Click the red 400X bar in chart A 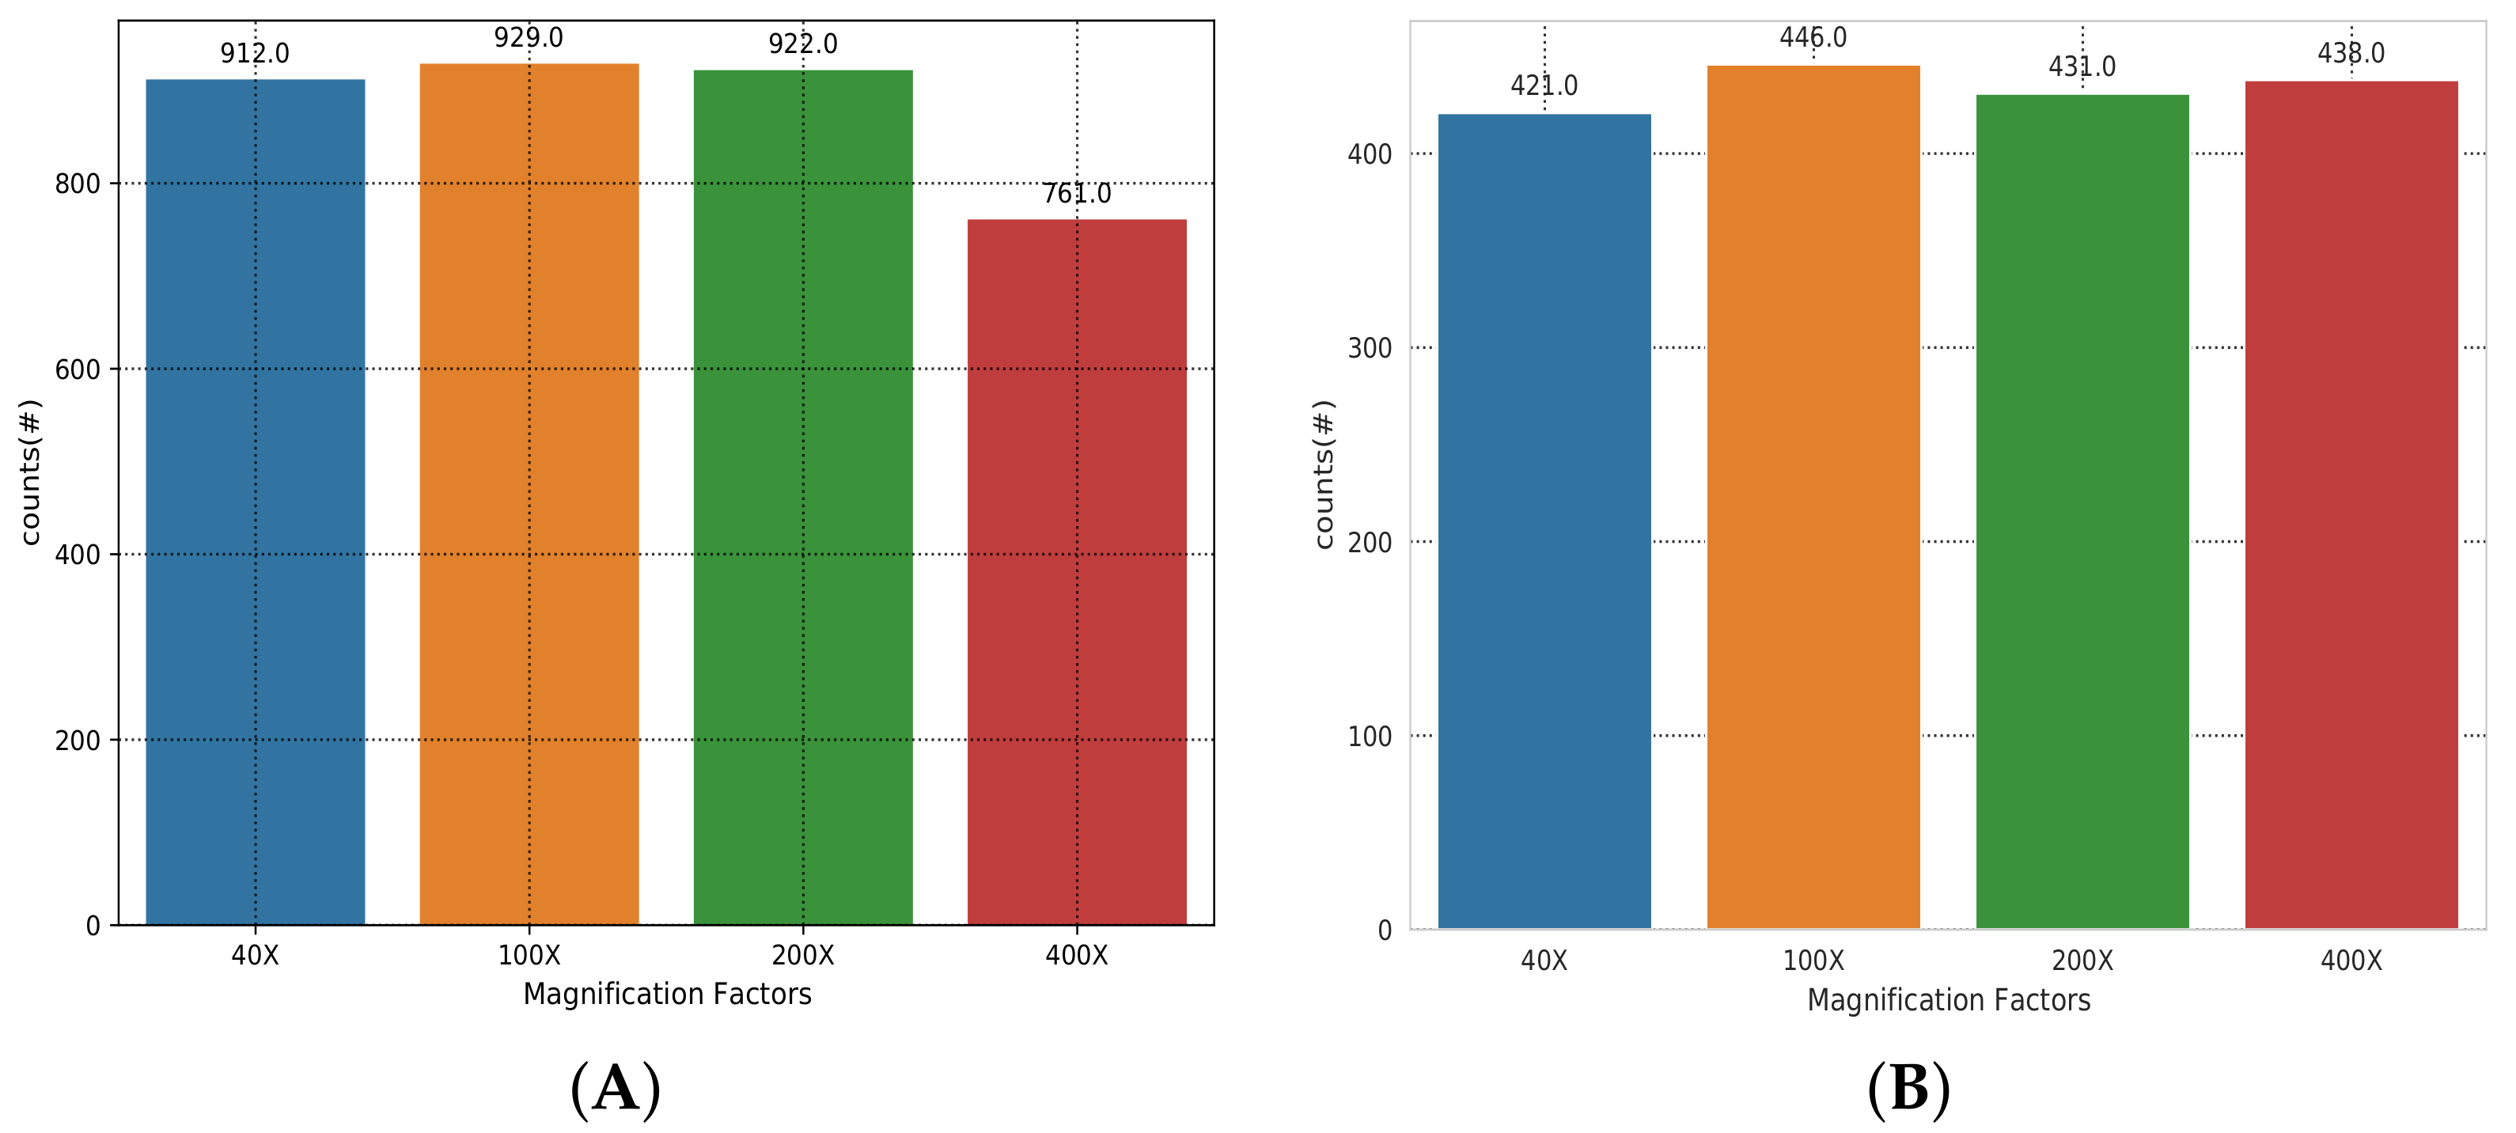coord(1076,571)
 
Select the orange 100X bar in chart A coord(529,493)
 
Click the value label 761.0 coord(1076,193)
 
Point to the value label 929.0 coord(529,37)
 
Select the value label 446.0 coord(1813,37)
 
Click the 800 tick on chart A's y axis coord(78,184)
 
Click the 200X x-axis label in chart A coord(803,955)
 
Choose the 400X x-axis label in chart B coord(2351,961)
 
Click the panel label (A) coord(616,1088)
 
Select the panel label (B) coord(1908,1088)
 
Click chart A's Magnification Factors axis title coord(667,995)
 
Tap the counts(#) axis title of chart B coord(1324,475)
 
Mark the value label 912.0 coord(255,53)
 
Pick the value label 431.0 coord(2082,66)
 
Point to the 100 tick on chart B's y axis coord(1370,737)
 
